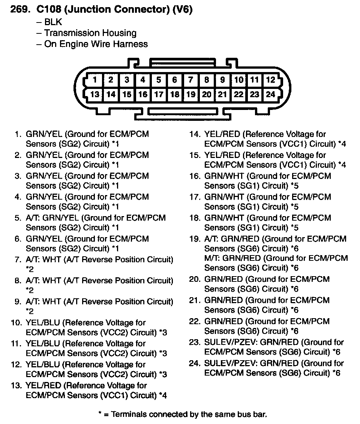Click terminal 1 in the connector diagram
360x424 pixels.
pos(95,80)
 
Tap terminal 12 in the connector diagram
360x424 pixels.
pos(270,80)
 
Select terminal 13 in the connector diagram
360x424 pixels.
pos(95,94)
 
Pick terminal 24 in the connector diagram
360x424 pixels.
pos(270,94)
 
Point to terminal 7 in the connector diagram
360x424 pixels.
pos(190,80)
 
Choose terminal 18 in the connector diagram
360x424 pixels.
pos(175,94)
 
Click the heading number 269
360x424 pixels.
pos(18,9)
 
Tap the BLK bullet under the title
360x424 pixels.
pos(53,22)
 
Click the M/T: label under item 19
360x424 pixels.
pos(213,258)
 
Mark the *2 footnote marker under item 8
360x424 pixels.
pos(30,290)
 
